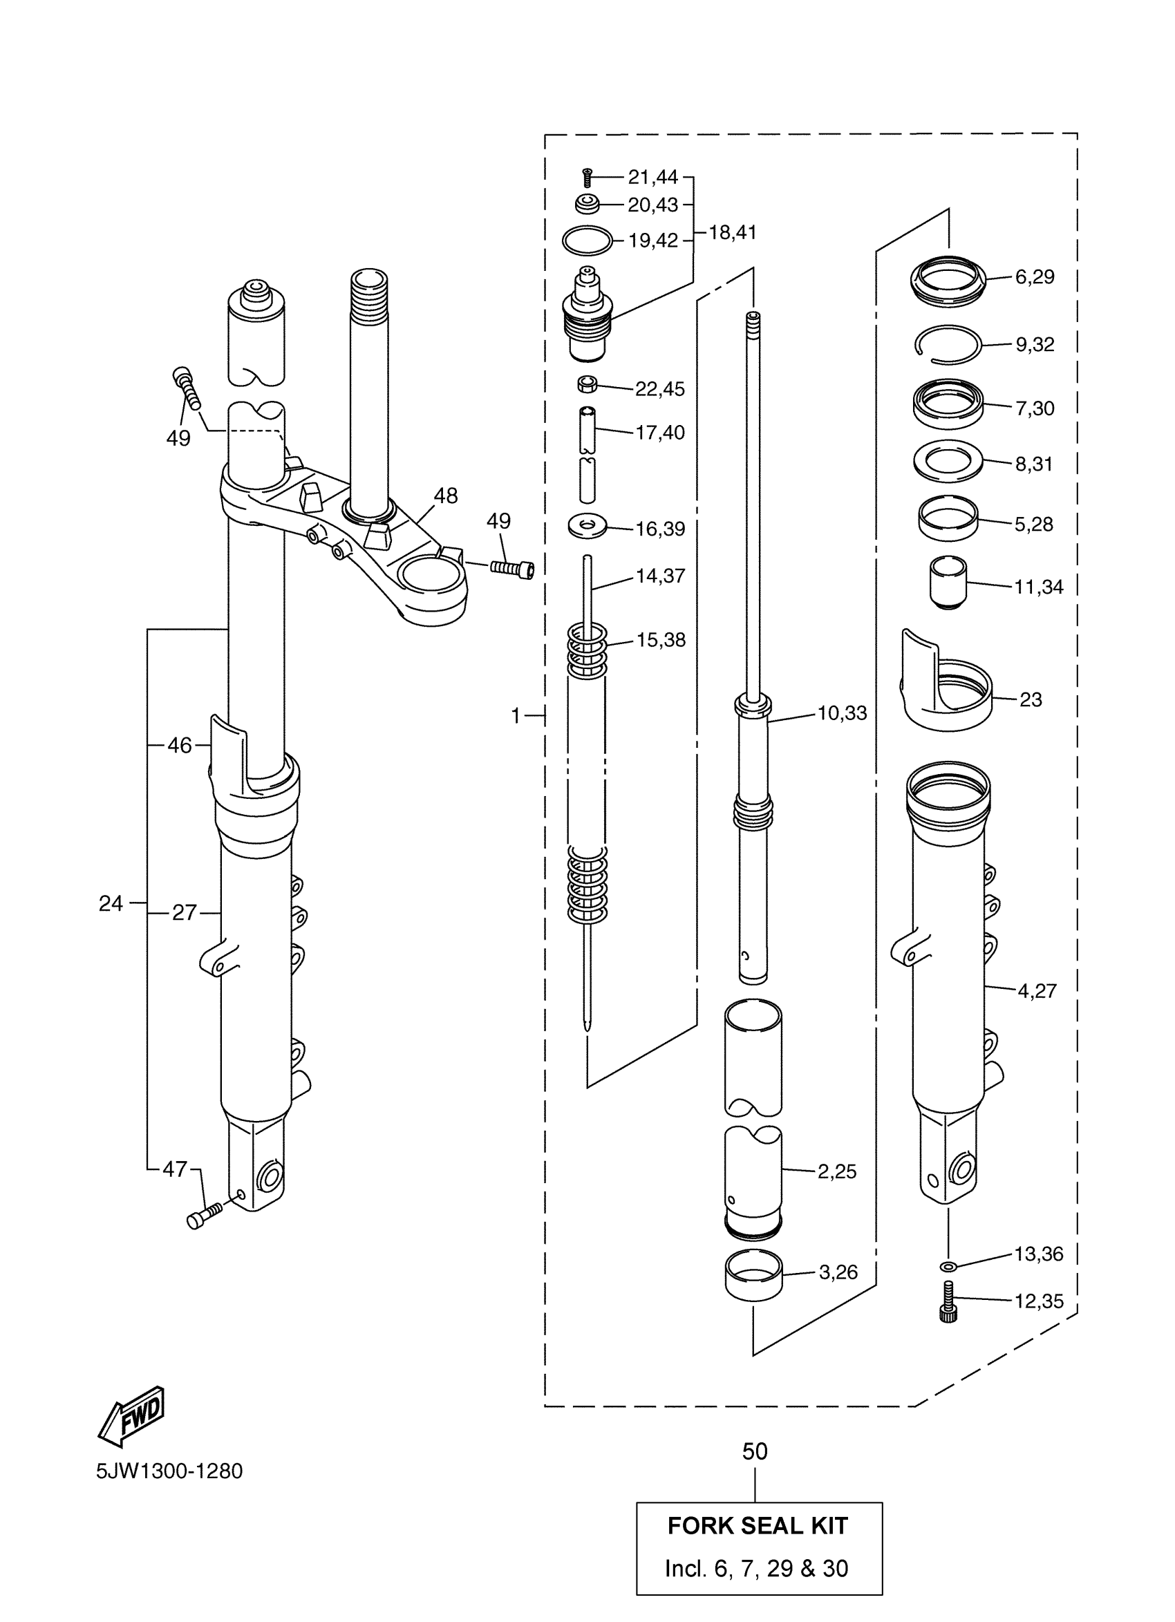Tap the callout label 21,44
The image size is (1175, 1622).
coord(652,177)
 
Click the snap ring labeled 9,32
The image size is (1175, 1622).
coord(948,346)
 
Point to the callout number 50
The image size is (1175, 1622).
coord(755,1451)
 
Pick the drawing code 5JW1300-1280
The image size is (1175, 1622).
coord(169,1471)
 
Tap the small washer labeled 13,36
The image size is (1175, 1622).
coord(948,1267)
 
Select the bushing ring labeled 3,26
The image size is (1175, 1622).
coord(754,1274)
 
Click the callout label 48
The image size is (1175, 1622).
coord(446,496)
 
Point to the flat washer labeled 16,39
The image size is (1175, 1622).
coord(586,527)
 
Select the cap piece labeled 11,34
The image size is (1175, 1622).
coord(948,582)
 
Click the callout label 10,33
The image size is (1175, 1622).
coord(842,713)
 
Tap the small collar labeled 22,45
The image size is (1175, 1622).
coord(587,385)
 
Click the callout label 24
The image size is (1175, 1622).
coord(111,903)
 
